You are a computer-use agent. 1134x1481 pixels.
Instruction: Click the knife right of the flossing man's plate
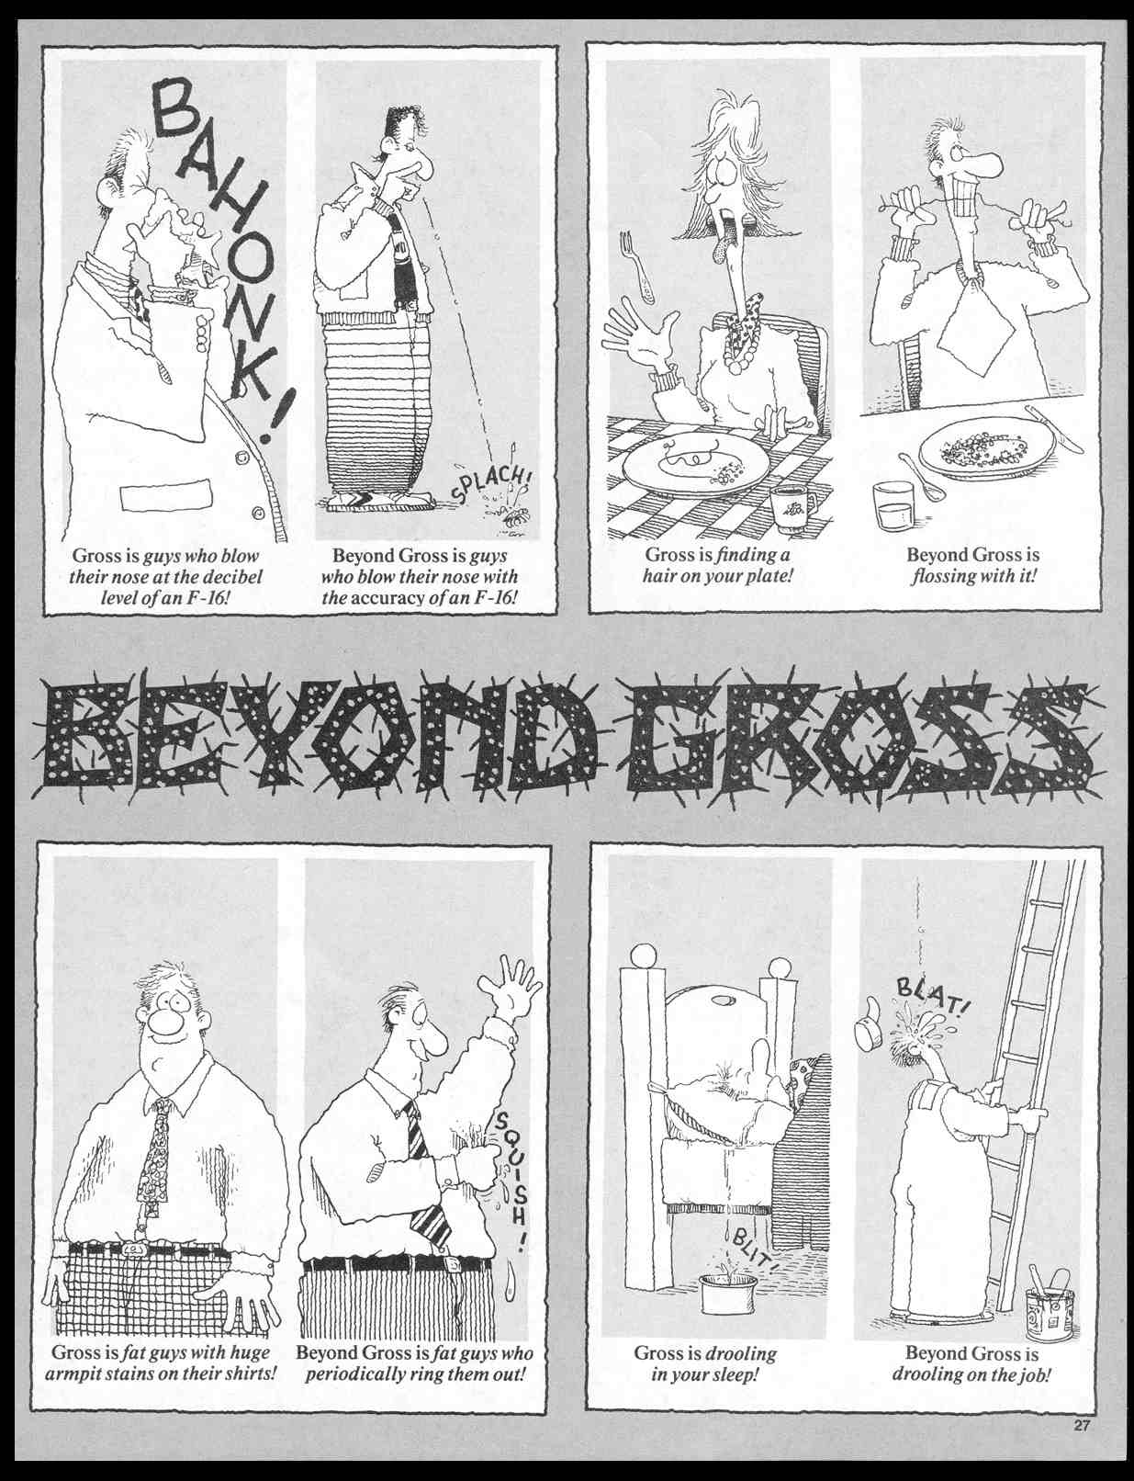click(1054, 429)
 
